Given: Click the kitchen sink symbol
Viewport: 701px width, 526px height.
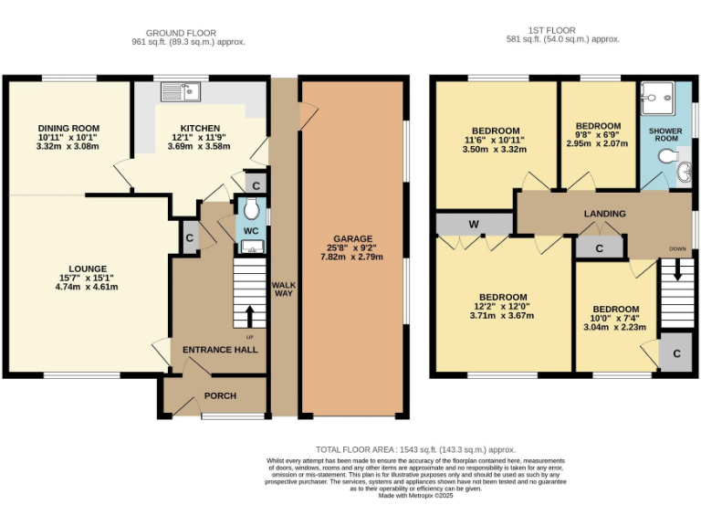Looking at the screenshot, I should [181, 91].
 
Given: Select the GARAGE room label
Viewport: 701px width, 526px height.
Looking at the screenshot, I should [352, 239].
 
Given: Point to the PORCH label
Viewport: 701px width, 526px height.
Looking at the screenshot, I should [220, 395].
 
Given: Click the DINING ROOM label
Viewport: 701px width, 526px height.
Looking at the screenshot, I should [68, 128].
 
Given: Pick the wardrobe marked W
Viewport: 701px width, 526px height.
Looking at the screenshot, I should [475, 224].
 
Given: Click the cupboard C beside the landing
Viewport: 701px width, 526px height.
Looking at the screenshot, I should [600, 247].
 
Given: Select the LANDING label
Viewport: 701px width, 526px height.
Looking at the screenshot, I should [604, 214].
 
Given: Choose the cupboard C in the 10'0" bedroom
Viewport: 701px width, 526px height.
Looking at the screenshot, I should [676, 353].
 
